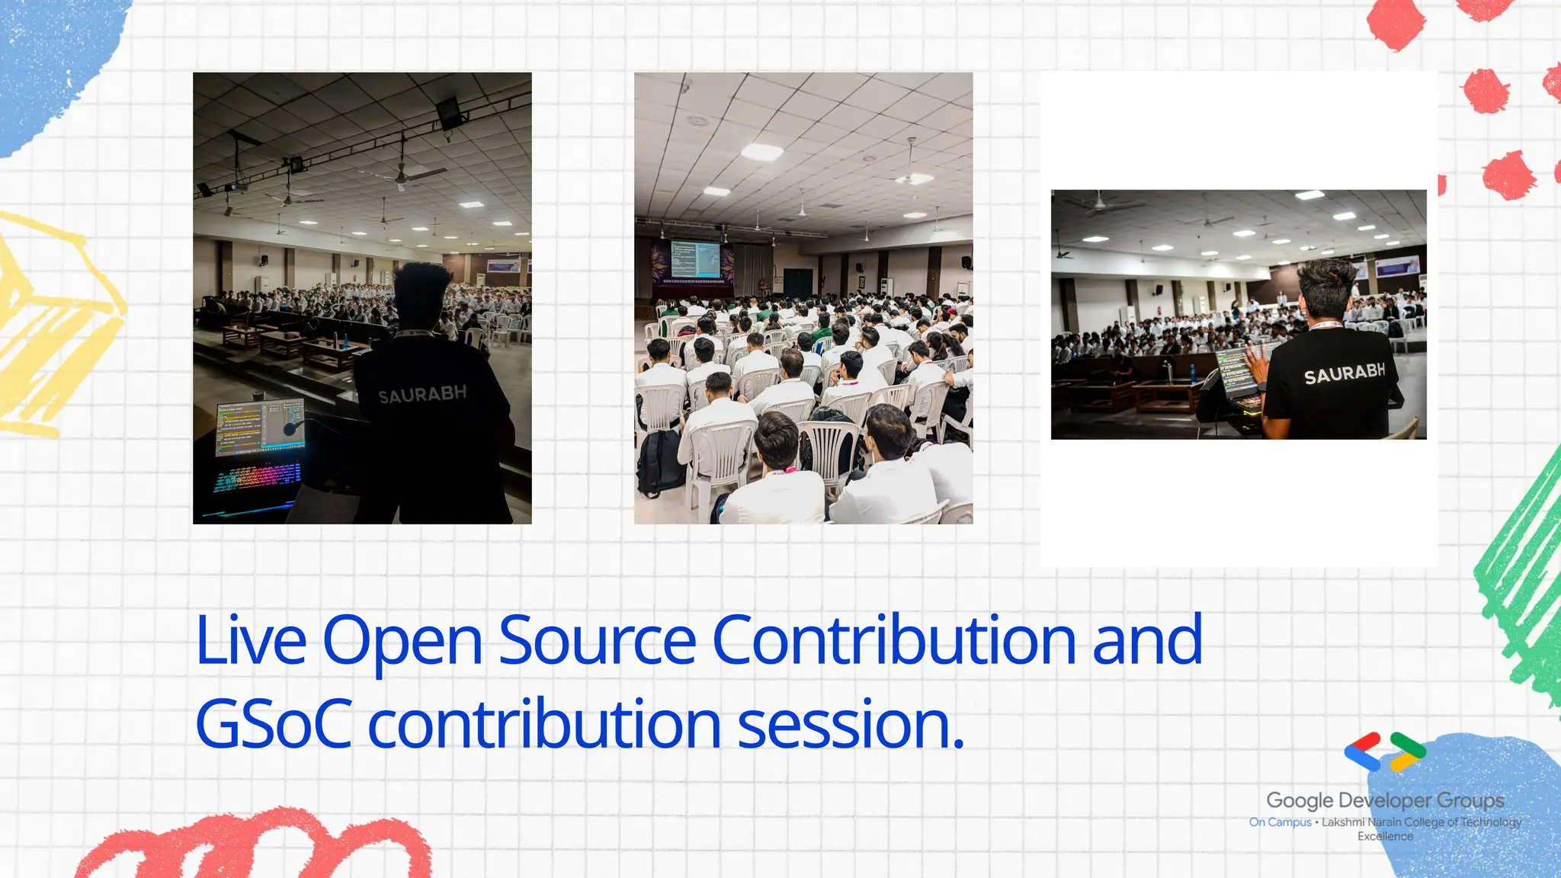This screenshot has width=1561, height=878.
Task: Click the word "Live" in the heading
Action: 251,640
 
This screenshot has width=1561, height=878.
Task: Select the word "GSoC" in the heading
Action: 274,724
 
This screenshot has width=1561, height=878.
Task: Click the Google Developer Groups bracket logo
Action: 1385,752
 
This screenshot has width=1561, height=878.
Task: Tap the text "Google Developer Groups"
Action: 1385,800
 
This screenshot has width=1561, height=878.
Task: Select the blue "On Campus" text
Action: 1280,822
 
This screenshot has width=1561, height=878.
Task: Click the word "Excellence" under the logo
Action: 1385,836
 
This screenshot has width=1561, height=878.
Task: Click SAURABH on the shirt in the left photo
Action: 422,394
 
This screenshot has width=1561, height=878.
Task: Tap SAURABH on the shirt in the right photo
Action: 1345,373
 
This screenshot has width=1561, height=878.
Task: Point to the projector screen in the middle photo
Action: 694,259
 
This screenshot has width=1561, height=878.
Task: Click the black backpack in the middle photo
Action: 660,462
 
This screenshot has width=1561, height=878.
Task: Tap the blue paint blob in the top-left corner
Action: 53,61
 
